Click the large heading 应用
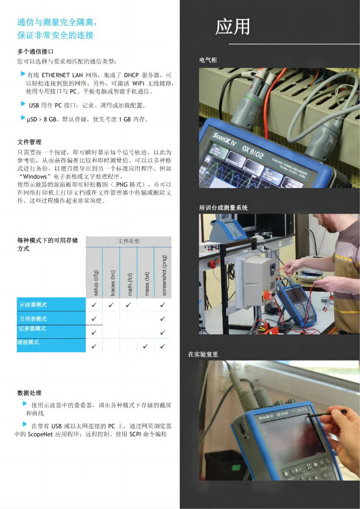pos(233,26)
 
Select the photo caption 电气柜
pos(208,60)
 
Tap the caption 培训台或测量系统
pos(223,208)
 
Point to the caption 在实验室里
pos(203,354)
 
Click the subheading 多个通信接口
pos(36,52)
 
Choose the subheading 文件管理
pos(29,142)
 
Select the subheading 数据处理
pos(29,393)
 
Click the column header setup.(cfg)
pos(96,283)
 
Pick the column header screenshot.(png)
pos(164,275)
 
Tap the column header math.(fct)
pos(130,284)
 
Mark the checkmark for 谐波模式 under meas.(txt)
pos(145,346)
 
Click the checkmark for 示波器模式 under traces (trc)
pos(111,305)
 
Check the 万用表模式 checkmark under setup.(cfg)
pos(94,319)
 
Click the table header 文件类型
pos(129,241)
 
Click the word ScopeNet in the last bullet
pos(40,434)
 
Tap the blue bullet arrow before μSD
pos(23,118)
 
